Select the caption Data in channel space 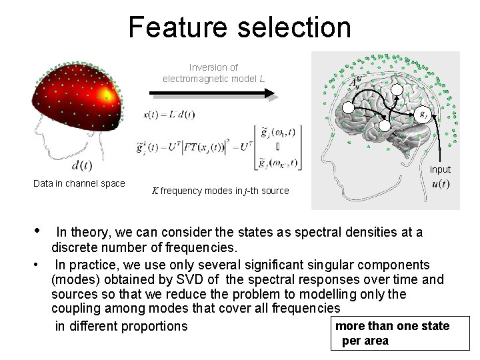click(79, 183)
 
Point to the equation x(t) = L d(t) click(169, 114)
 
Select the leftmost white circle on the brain click(348, 109)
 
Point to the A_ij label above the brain click(357, 83)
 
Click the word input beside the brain click(440, 169)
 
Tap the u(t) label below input click(440, 184)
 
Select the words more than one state click(392, 326)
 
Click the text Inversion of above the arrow click(213, 67)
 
